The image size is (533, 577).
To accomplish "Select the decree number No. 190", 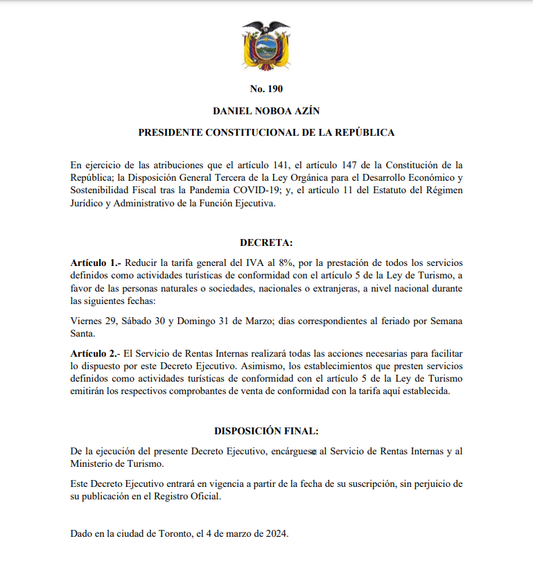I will (266, 89).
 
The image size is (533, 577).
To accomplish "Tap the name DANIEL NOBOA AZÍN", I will (266, 111).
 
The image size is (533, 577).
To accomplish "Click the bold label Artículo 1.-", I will (96, 264).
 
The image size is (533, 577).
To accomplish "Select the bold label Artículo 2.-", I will (96, 354).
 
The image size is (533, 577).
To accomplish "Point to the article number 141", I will (271, 165).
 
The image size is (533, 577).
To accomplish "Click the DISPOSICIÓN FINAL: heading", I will (266, 431).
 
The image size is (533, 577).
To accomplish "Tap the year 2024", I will (274, 534).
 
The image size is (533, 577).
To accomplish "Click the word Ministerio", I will (95, 463).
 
